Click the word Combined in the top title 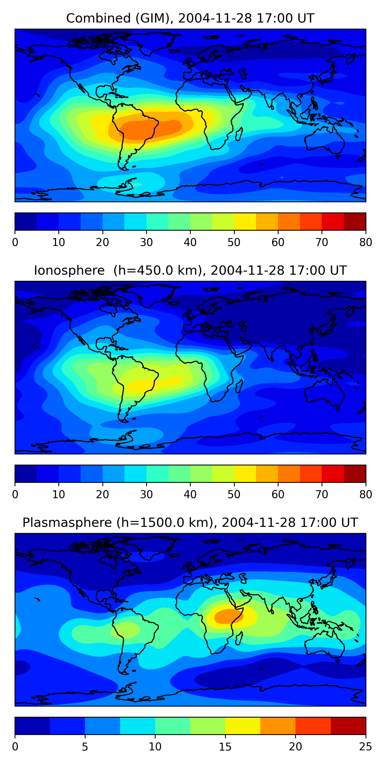(x=98, y=18)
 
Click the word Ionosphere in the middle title (x=69, y=270)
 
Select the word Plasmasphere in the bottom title (x=67, y=523)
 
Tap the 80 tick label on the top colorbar (x=366, y=242)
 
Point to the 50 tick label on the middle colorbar (x=234, y=494)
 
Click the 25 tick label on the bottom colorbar (x=366, y=746)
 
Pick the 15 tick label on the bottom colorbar (x=225, y=746)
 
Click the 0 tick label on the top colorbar (x=15, y=242)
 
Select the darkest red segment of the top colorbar (x=355, y=221)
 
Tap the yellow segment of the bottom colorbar (x=243, y=726)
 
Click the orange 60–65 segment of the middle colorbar (x=289, y=473)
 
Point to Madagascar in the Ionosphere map (x=239, y=386)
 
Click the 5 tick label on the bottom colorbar (x=85, y=746)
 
